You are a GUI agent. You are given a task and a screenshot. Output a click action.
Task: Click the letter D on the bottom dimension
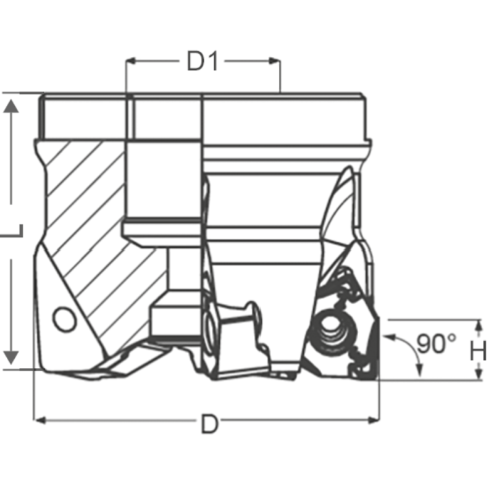tap(210, 425)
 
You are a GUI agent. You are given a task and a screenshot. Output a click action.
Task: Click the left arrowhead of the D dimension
tap(38, 421)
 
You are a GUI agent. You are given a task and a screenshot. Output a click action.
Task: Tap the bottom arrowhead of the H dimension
tap(478, 374)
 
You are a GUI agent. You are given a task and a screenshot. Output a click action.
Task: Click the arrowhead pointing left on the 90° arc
tap(388, 337)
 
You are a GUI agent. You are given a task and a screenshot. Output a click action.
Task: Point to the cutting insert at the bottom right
tap(358, 346)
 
